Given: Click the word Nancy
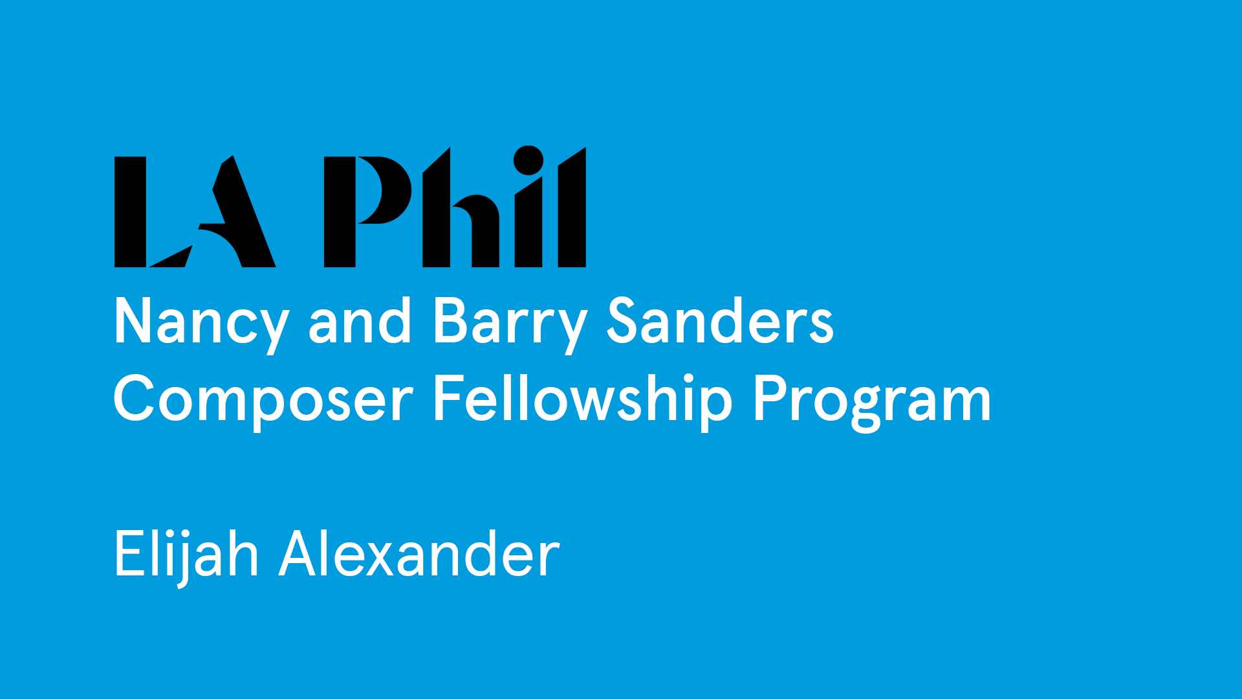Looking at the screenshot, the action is (201, 324).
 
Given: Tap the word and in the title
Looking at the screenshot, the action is (360, 320).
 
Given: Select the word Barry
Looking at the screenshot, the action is (510, 324).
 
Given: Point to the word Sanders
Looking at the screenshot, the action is (720, 320).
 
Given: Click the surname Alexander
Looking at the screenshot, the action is (419, 553).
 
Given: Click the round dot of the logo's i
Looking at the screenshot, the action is (528, 160).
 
